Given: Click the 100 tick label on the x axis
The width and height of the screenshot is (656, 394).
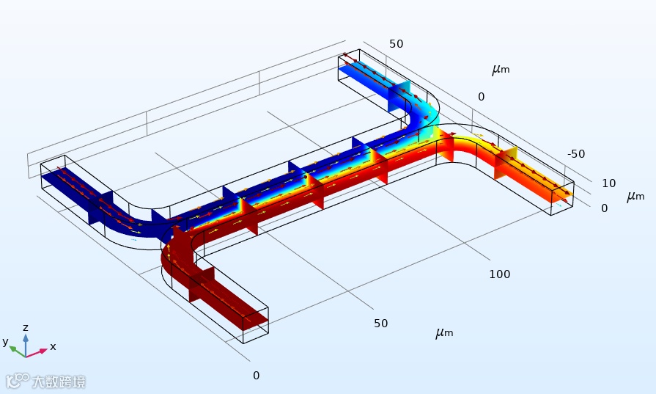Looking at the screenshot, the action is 500,274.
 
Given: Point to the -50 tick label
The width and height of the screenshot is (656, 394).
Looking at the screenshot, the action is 576,154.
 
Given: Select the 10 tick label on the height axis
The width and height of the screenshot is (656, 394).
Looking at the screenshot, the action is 609,183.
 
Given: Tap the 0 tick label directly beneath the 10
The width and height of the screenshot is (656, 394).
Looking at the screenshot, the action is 605,208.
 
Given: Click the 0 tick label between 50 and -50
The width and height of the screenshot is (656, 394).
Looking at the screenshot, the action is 482,97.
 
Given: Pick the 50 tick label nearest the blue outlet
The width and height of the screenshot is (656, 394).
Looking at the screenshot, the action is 397,44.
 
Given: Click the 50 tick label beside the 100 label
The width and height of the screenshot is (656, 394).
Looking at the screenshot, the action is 380,324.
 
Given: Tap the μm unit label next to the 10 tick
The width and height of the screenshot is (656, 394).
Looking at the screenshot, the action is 635,197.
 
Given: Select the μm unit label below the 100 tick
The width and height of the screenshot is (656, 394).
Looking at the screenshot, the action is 444,333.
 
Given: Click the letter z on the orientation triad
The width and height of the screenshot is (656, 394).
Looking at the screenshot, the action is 26,327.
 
